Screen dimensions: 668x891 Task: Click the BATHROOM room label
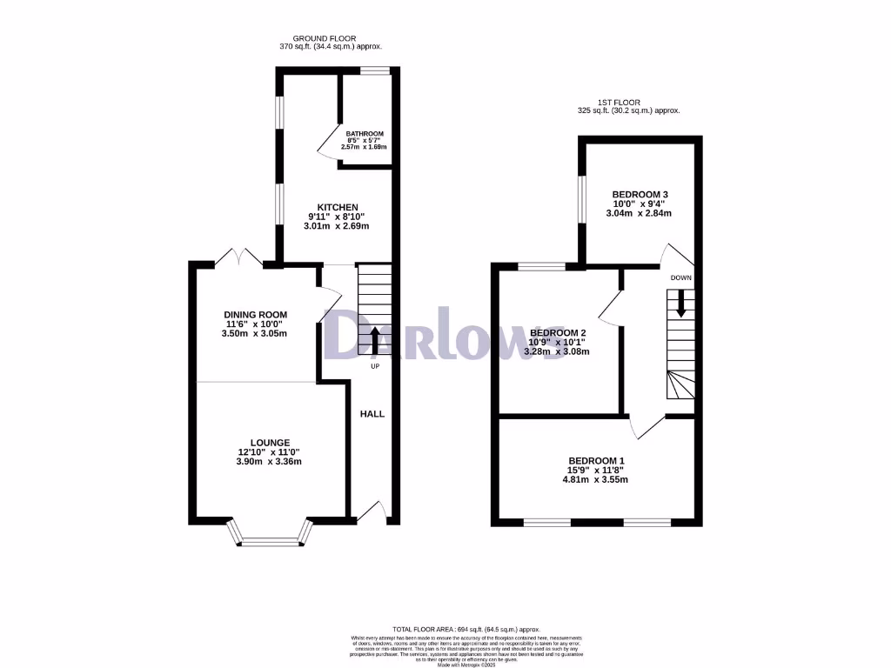tap(365, 134)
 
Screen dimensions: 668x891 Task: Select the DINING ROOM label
tap(255, 315)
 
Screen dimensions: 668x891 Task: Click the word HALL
tap(372, 414)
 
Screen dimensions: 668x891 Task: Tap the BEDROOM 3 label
tap(640, 194)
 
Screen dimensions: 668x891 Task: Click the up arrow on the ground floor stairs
tap(375, 339)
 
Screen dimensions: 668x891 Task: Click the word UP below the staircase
tap(375, 366)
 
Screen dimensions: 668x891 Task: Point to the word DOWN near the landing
tap(681, 277)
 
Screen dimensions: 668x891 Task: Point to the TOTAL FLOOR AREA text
tap(466, 629)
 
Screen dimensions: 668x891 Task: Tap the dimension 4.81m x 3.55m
tap(596, 479)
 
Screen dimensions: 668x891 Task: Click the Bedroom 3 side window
tap(582, 205)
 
